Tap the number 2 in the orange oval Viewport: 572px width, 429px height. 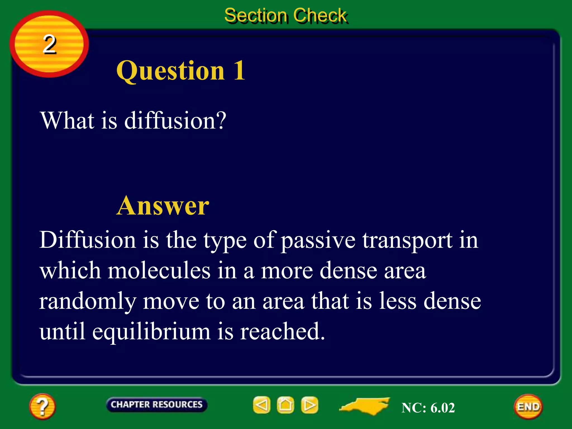[x=49, y=44]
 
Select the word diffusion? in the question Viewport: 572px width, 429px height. [x=175, y=121]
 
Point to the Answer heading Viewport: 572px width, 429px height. [x=163, y=206]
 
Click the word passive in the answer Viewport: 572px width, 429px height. [x=318, y=241]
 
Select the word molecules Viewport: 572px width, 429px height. [x=159, y=271]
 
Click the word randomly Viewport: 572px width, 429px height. [x=87, y=302]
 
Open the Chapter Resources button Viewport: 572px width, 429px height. [x=156, y=404]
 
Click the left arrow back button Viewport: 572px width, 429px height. [x=262, y=405]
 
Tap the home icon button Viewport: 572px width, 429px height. [x=285, y=405]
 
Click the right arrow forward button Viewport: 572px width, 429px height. [x=309, y=405]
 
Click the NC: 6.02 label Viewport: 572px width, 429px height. [x=428, y=407]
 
